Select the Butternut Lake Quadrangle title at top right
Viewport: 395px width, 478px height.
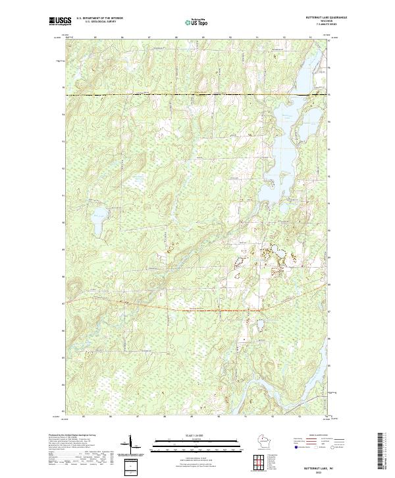point(321,18)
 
